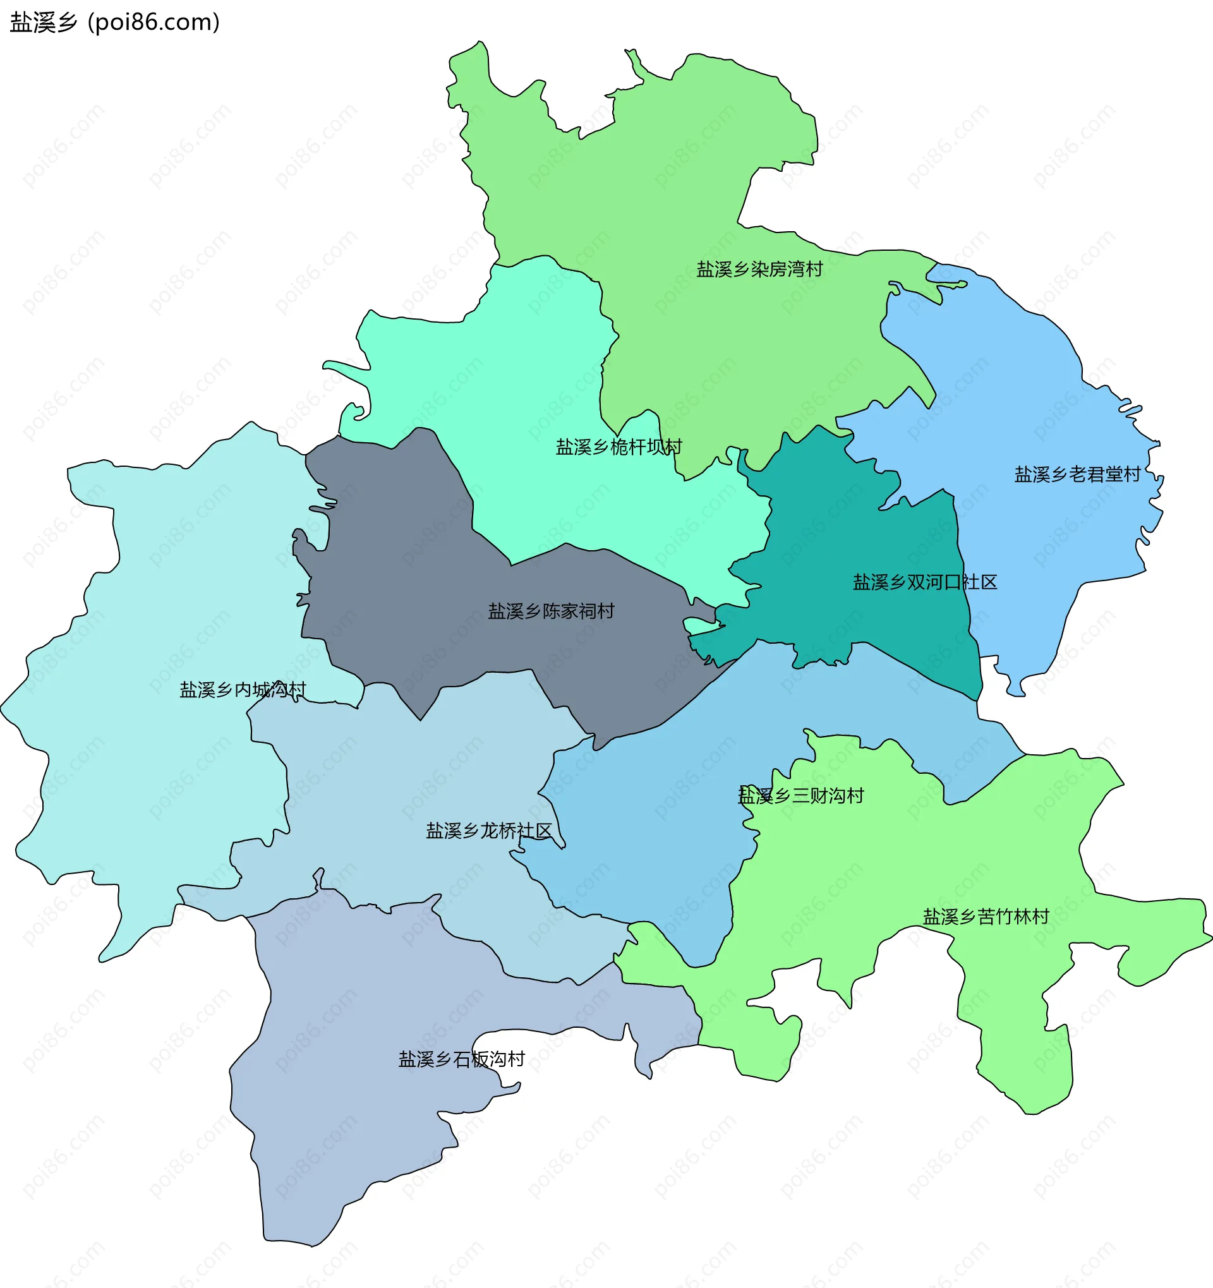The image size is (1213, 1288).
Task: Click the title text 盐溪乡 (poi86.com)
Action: point(115,22)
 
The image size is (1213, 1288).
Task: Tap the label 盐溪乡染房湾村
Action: point(759,269)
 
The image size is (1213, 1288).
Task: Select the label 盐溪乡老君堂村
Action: point(1077,474)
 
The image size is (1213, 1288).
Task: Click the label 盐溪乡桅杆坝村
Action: point(618,447)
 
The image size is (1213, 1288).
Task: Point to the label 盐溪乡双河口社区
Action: point(925,582)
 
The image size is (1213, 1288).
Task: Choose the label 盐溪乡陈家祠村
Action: point(551,611)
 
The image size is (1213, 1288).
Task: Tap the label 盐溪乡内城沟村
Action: point(243,689)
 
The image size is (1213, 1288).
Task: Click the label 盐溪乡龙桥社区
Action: point(488,831)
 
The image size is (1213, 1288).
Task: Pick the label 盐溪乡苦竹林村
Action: point(986,916)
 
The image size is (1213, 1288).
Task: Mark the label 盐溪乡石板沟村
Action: point(461,1059)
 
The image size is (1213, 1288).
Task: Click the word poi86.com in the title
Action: point(154,22)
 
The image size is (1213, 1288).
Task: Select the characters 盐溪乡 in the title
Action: point(44,22)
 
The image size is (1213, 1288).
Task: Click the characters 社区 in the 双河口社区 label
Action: point(979,582)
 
